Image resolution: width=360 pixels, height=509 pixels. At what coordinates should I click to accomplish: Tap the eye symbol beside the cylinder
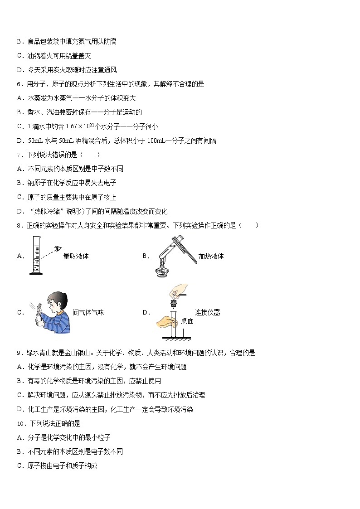(58, 248)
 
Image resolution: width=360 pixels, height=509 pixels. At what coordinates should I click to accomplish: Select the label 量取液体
(76, 256)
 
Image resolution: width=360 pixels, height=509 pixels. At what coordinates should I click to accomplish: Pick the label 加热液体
(211, 256)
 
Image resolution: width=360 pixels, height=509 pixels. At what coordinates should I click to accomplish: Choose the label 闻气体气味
(88, 312)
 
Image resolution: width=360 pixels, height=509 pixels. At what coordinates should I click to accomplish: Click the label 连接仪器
(207, 312)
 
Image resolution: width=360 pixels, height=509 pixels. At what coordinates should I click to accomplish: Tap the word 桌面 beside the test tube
(187, 321)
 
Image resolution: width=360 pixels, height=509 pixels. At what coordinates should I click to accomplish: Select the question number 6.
(19, 84)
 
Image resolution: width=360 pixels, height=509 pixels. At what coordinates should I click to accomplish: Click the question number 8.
(19, 225)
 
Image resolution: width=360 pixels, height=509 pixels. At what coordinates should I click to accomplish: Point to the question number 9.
(19, 353)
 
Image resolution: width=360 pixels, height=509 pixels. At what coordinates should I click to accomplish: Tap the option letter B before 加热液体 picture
(145, 256)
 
